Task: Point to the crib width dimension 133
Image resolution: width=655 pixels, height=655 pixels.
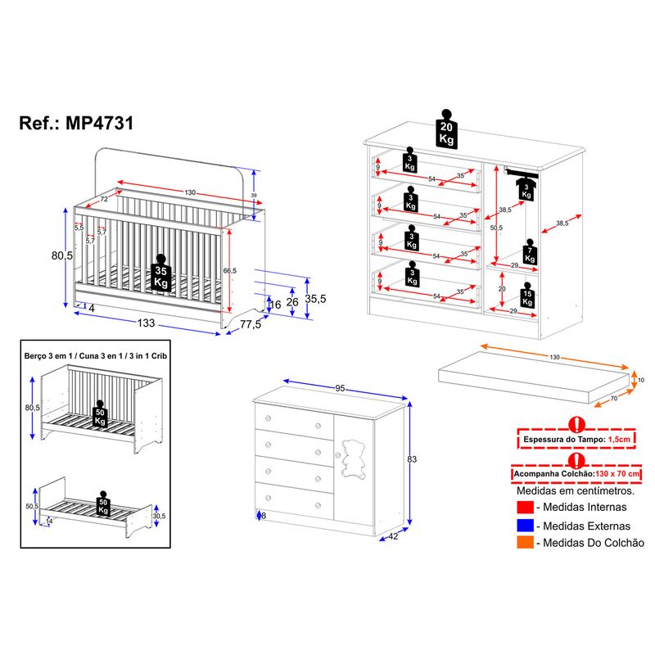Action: [146, 323]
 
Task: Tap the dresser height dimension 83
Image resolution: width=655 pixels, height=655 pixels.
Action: [412, 459]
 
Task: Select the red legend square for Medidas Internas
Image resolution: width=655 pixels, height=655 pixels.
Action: [525, 509]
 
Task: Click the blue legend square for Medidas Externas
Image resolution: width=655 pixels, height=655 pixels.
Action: [525, 526]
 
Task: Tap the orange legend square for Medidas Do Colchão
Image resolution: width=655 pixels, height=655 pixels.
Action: [525, 542]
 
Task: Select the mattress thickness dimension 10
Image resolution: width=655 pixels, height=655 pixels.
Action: [641, 380]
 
